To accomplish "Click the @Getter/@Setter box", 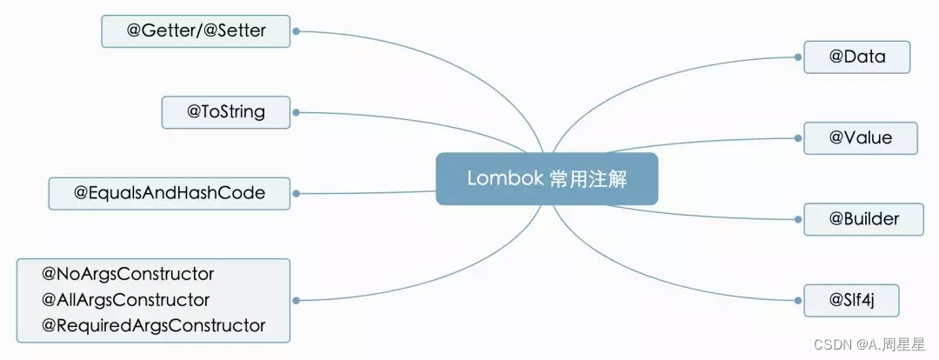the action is pyautogui.click(x=196, y=31).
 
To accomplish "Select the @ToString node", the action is pyautogui.click(x=225, y=112).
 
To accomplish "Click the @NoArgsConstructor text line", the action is pyautogui.click(x=128, y=274).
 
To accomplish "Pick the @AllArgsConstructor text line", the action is pyautogui.click(x=126, y=300).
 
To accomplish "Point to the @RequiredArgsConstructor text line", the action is pyautogui.click(x=153, y=326).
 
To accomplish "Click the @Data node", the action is pyautogui.click(x=856, y=57).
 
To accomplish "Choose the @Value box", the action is pyautogui.click(x=860, y=137).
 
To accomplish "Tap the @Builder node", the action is pyautogui.click(x=863, y=219).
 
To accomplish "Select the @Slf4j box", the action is pyautogui.click(x=850, y=300).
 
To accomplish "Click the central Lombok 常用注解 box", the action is pyautogui.click(x=547, y=178).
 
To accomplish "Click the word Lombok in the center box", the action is pyautogui.click(x=504, y=178).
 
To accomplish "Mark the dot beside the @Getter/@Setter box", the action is pyautogui.click(x=296, y=31).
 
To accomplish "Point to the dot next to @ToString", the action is pyautogui.click(x=296, y=112).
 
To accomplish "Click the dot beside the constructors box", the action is pyautogui.click(x=296, y=300).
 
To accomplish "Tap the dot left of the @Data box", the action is pyautogui.click(x=798, y=57).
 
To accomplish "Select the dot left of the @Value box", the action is pyautogui.click(x=798, y=137).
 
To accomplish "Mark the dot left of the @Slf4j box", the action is pyautogui.click(x=798, y=300).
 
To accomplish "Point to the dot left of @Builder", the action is pyautogui.click(x=798, y=219).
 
